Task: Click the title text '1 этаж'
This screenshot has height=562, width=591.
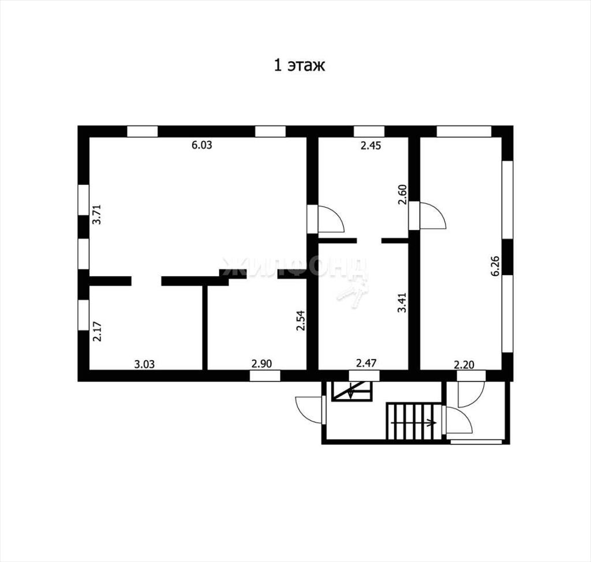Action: point(299,66)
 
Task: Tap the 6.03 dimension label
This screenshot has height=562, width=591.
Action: point(202,145)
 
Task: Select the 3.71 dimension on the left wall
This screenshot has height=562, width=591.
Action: point(97,214)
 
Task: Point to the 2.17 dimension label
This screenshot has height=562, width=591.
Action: point(97,331)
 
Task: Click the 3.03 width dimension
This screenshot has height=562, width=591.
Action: point(145,364)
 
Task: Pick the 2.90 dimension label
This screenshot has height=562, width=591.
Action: point(261,364)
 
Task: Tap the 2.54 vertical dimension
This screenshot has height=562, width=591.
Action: point(300,320)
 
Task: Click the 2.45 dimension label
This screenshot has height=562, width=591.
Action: point(371,145)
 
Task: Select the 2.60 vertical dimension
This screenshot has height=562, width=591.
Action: point(402,194)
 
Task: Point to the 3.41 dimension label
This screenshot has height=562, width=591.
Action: point(402,303)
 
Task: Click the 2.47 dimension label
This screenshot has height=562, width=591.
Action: point(366,364)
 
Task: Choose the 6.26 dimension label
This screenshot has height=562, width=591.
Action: point(495,266)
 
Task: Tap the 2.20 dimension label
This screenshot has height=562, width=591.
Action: point(465,365)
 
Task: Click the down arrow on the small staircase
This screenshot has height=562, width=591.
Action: point(351,391)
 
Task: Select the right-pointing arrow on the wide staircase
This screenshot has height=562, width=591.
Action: point(414,423)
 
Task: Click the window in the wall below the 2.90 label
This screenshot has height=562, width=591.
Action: point(265,376)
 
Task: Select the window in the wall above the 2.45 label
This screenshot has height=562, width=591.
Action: point(369,132)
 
